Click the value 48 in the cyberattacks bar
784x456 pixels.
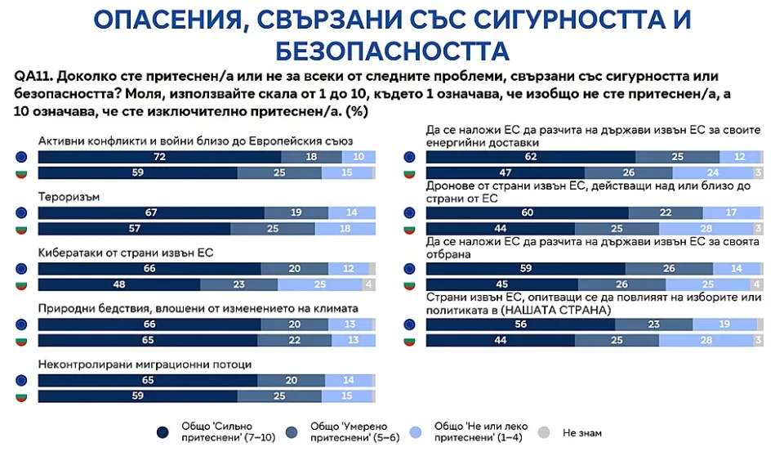pos(118,284)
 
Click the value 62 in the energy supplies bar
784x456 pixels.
pos(530,157)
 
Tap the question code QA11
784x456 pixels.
pos(33,76)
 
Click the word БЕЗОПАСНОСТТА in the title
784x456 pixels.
pos(392,51)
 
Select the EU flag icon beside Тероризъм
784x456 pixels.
pos(22,212)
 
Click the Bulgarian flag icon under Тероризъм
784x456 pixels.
pos(22,228)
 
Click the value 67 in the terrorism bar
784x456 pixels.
pos(151,212)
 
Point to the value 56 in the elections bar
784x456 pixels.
pos(520,324)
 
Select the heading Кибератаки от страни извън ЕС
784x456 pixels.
pos(126,254)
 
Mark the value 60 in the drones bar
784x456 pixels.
pos(527,212)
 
